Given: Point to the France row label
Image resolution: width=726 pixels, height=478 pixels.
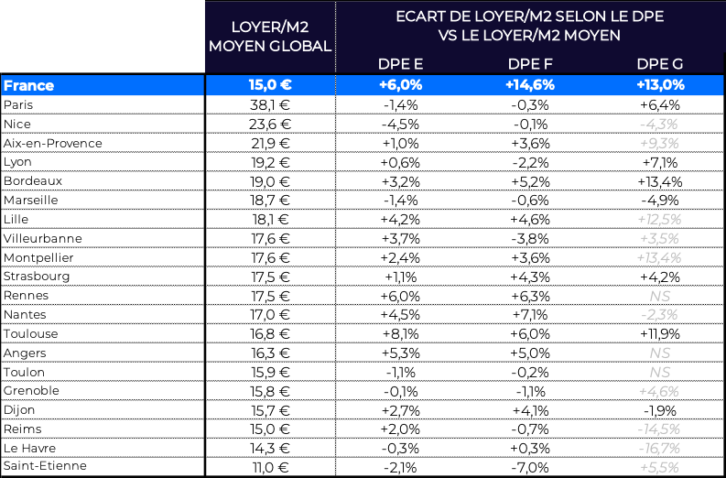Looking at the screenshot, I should point(29,85).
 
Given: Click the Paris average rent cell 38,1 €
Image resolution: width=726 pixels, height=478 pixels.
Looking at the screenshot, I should point(271,104).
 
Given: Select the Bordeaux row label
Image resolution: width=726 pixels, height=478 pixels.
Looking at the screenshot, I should point(33,180).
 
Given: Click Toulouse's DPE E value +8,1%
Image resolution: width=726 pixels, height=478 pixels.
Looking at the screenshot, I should point(399,334).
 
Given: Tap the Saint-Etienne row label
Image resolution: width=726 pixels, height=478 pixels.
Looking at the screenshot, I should point(46,467).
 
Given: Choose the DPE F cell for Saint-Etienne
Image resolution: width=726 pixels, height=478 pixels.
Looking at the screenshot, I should point(529,467).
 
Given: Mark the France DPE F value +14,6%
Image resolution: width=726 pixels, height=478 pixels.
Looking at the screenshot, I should point(529,85).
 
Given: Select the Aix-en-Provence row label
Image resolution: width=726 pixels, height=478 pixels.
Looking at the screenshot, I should point(52,143).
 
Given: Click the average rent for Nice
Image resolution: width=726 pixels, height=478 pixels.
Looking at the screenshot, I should point(271,124).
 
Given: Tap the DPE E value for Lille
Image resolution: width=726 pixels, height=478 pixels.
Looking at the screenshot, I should point(399,219).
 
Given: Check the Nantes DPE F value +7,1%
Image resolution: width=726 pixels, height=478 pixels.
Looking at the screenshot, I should point(529,315).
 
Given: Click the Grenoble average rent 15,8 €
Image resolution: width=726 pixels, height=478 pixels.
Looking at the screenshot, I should point(271,391).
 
